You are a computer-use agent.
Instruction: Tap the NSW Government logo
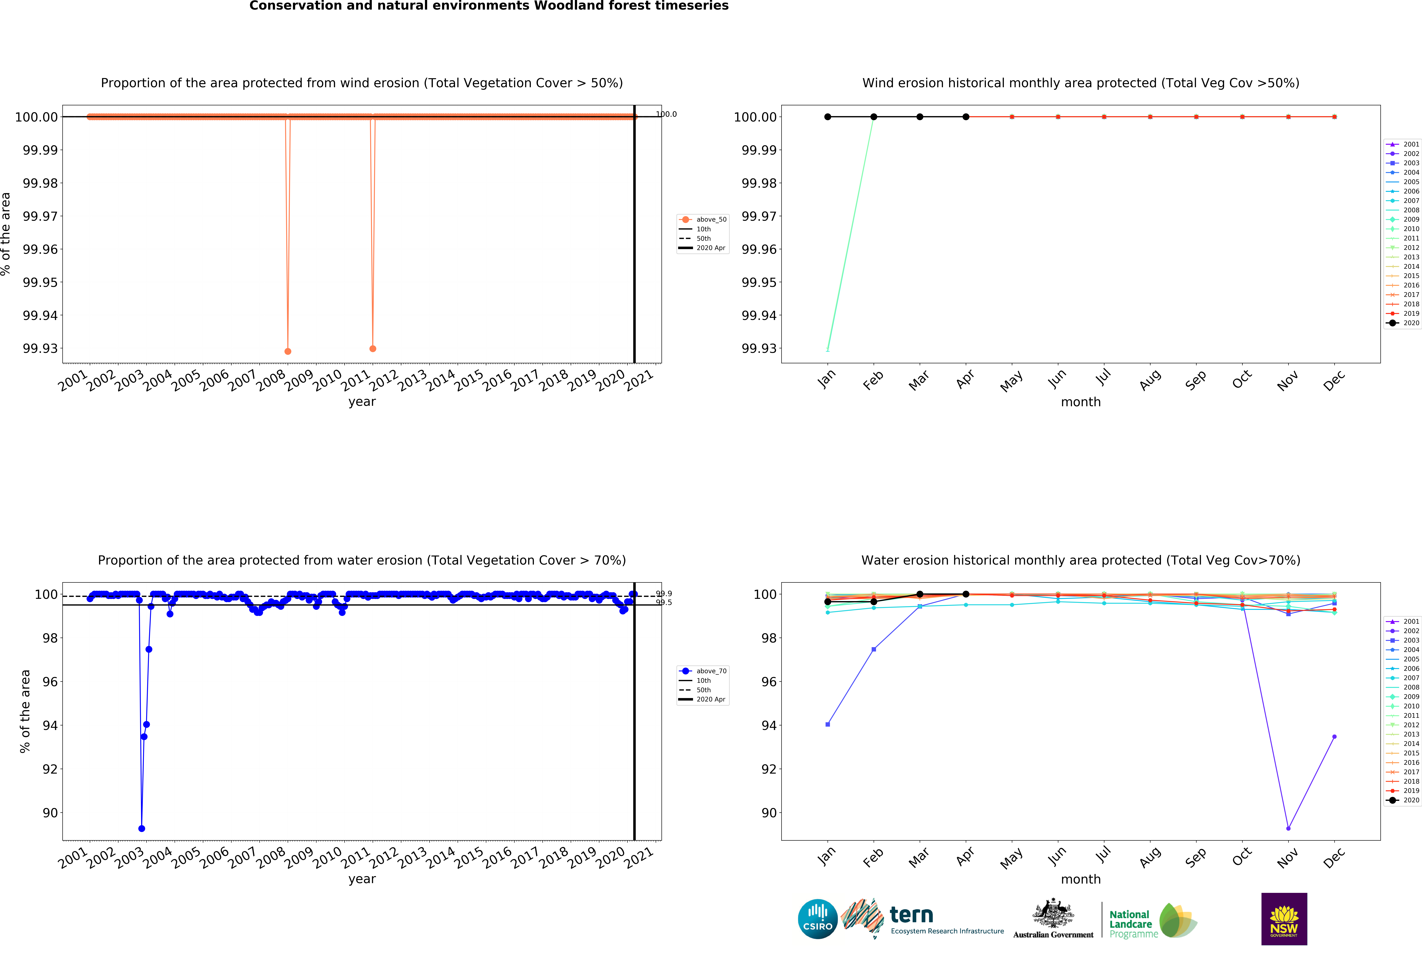pyautogui.click(x=1284, y=919)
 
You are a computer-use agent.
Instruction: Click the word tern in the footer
pyautogui.click(x=911, y=915)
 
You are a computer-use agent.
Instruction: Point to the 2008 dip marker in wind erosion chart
pyautogui.click(x=288, y=351)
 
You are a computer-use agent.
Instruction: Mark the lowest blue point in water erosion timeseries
pyautogui.click(x=141, y=829)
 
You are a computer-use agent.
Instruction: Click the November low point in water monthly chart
pyautogui.click(x=1288, y=829)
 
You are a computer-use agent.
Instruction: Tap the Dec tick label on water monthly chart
pyautogui.click(x=1334, y=858)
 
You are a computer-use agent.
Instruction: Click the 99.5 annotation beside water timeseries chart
pyautogui.click(x=664, y=602)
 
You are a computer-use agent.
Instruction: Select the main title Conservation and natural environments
pyautogui.click(x=489, y=6)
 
